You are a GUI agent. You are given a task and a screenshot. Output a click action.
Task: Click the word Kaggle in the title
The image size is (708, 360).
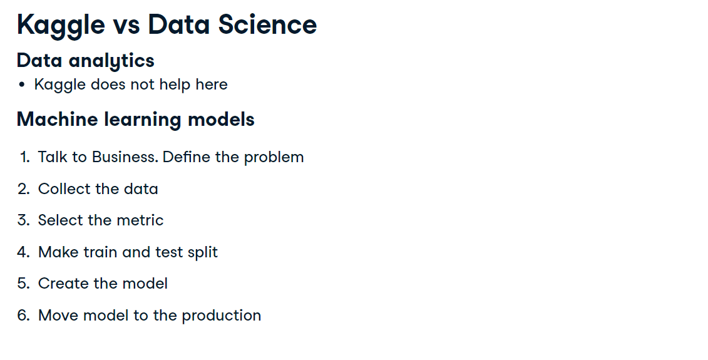point(61,25)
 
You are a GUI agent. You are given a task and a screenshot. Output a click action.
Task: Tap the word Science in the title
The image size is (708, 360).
point(267,24)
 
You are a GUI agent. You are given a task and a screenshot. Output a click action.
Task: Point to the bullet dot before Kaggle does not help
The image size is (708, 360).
point(22,85)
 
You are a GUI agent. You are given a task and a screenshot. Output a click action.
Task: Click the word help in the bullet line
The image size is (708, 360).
point(175,85)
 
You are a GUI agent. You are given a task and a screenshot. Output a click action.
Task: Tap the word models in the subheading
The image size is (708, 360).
point(221,119)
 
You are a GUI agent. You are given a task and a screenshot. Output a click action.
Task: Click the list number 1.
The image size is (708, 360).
point(25,157)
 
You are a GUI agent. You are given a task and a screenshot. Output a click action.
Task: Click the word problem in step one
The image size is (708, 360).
point(274,158)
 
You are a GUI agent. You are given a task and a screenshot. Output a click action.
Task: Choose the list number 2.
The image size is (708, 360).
point(24,189)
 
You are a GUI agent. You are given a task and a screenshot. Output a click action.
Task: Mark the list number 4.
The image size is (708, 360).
point(24,252)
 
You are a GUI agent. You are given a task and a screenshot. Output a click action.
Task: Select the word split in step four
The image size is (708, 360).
point(203,252)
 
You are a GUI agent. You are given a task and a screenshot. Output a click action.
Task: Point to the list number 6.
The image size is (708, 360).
point(24,316)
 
